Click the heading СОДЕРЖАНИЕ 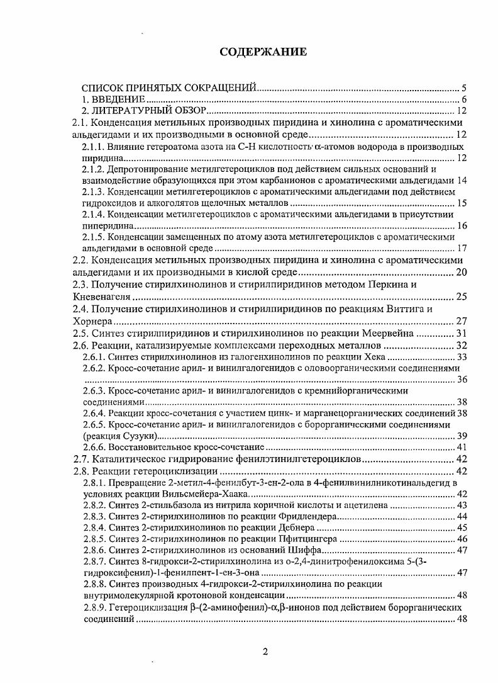tap(263, 52)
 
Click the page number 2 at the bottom tap(265, 652)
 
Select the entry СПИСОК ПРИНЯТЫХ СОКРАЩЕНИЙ tap(170, 88)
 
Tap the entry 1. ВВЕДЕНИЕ tap(114, 99)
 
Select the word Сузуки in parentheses tap(140, 436)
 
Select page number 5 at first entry tap(463, 88)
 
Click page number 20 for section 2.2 tap(461, 273)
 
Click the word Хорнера tap(95, 321)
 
